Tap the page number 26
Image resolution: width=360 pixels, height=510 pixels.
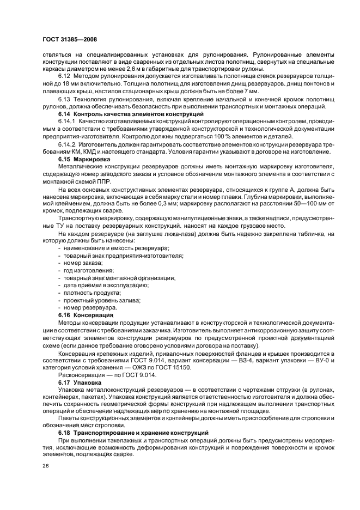(x=45, y=466)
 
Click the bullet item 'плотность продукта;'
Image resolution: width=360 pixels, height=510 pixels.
(x=89, y=293)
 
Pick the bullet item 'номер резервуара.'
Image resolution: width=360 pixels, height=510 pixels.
(x=87, y=308)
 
